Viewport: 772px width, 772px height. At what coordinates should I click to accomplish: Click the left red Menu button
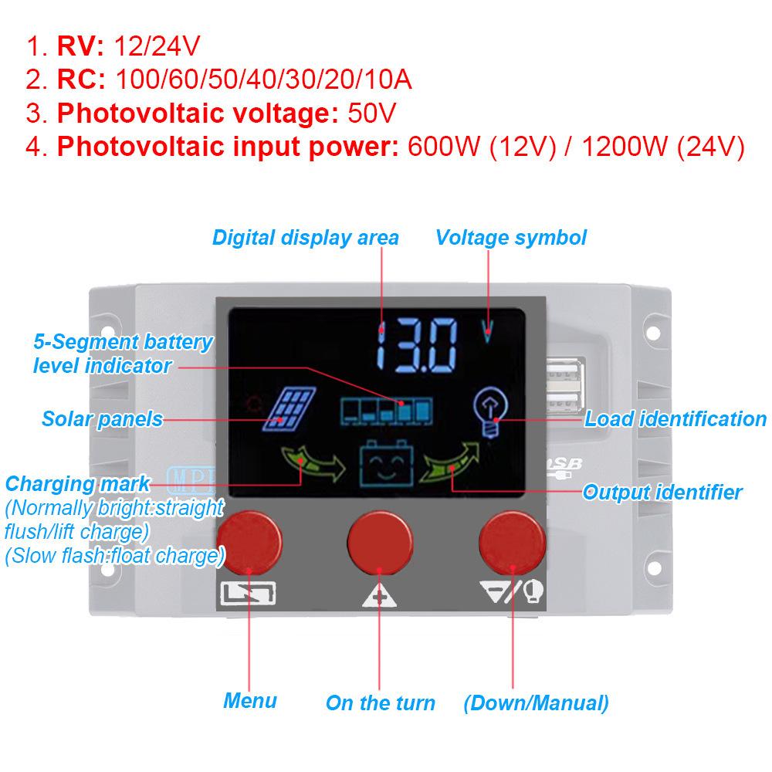click(249, 543)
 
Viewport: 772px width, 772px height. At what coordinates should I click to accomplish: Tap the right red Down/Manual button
click(512, 543)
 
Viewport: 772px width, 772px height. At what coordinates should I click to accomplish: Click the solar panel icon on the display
click(289, 409)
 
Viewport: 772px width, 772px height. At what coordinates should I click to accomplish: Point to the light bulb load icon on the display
click(490, 411)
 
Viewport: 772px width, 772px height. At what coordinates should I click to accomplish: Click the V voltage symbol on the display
click(487, 331)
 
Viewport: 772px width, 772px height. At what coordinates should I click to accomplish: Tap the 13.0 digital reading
click(417, 344)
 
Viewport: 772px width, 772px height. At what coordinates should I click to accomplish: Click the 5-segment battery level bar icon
click(387, 411)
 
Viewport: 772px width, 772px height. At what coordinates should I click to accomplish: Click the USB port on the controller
click(565, 385)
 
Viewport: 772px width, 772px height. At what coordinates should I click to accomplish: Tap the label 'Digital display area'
click(305, 238)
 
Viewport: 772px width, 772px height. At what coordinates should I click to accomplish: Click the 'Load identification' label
click(675, 419)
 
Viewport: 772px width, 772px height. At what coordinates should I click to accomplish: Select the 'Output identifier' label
click(662, 492)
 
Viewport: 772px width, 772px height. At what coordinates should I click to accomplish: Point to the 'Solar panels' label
click(103, 419)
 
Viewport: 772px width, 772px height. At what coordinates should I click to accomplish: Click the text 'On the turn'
click(381, 703)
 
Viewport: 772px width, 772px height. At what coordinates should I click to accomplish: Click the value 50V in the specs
click(372, 113)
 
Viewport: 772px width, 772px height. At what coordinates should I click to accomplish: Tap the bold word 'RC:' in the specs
click(81, 80)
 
